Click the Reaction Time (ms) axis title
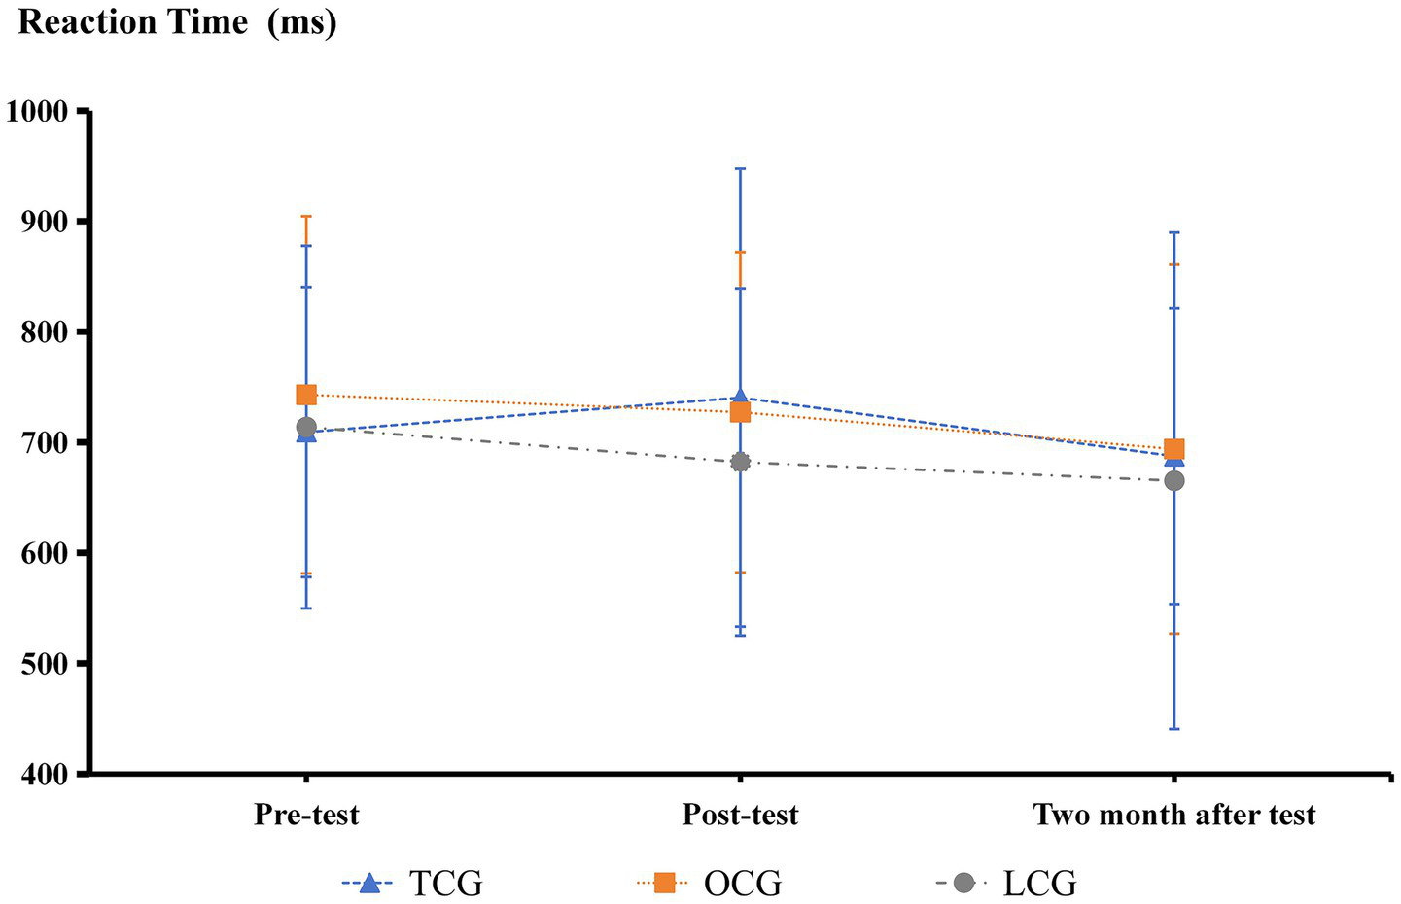pos(177,21)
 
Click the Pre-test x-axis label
pos(306,815)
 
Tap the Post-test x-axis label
pos(740,815)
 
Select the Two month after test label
pos(1173,815)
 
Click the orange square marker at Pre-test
pos(306,395)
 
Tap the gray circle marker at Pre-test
pos(306,427)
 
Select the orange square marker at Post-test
pos(740,412)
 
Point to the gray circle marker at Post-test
pos(740,462)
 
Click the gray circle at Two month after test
pos(1173,480)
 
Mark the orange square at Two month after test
pos(1173,449)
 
